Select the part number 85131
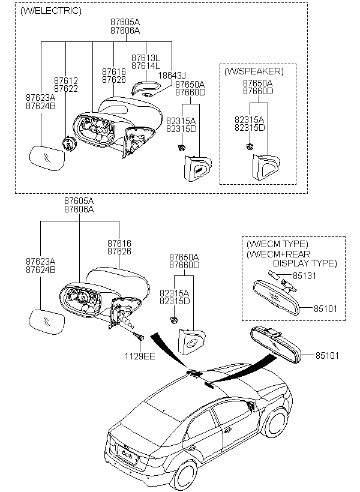point(303,277)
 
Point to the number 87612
point(65,80)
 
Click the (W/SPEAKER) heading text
point(254,71)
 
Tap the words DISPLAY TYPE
point(305,263)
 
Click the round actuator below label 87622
point(70,144)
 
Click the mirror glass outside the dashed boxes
point(47,321)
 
